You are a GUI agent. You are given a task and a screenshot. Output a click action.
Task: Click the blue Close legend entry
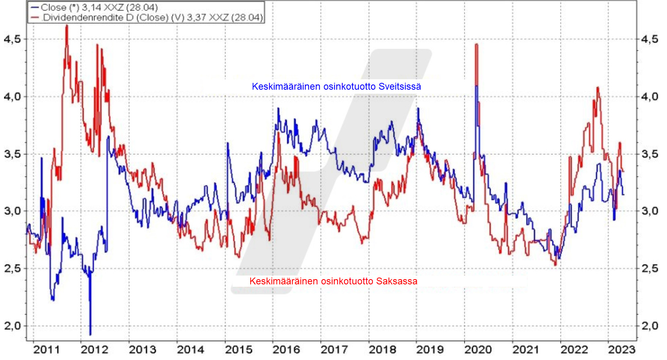95,8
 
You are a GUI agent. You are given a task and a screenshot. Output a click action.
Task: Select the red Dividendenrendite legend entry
147,18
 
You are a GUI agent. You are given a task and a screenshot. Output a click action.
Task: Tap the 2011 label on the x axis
46,350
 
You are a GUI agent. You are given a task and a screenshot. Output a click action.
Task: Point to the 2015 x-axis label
239,350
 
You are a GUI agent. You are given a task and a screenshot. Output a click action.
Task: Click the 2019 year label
430,350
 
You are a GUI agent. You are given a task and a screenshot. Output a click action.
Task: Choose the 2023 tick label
622,350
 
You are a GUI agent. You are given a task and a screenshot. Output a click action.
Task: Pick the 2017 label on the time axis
334,350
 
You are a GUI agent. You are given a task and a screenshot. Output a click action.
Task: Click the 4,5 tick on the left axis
12,39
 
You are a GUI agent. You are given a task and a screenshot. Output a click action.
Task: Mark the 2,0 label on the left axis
12,326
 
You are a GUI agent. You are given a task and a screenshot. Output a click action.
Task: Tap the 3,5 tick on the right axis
650,154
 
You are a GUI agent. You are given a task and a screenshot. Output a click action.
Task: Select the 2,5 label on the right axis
650,268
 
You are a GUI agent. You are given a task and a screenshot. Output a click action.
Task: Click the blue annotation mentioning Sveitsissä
336,86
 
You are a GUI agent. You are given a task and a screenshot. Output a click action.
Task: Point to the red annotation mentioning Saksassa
333,281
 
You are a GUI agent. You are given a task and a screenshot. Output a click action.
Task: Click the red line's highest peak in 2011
67,26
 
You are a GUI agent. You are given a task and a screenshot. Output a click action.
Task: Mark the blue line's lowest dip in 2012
90,334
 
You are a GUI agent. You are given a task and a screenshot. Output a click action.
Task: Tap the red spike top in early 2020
476,44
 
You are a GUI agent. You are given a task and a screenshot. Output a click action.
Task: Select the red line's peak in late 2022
598,87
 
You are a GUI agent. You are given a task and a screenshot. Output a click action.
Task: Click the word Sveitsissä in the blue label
399,86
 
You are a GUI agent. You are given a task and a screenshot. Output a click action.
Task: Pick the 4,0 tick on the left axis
12,97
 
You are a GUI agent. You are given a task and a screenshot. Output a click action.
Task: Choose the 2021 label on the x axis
526,350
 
